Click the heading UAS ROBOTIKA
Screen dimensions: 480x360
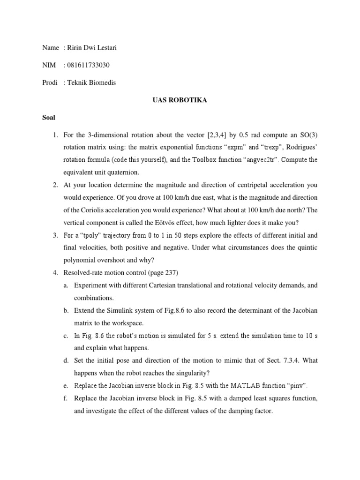180,100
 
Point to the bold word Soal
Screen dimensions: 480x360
49,118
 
